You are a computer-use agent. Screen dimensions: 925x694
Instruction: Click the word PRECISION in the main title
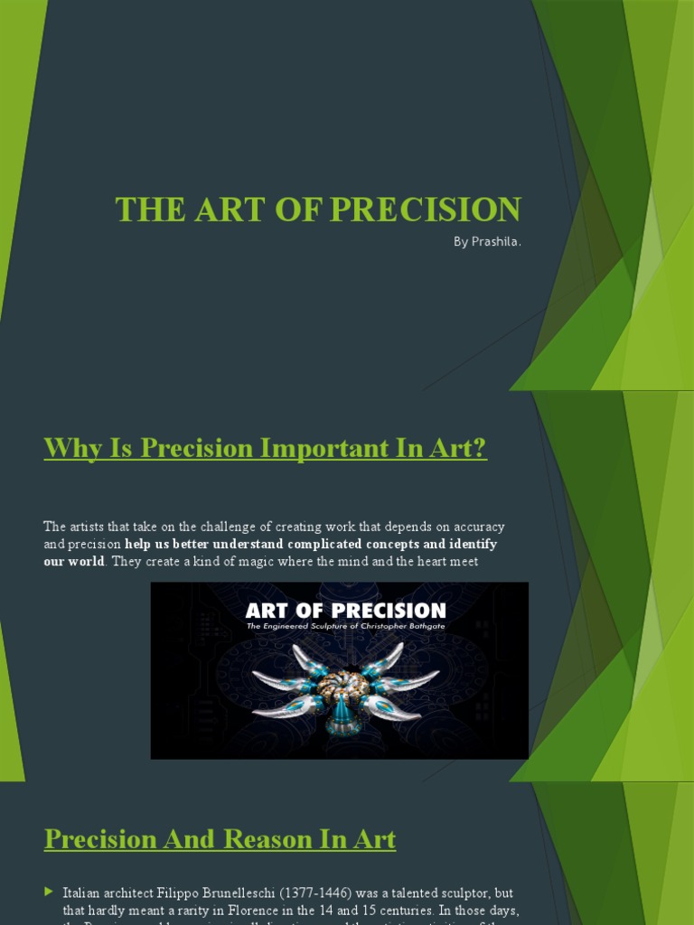[x=426, y=210]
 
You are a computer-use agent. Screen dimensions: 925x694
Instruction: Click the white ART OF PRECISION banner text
[x=345, y=611]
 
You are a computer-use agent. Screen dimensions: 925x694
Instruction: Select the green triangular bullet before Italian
[x=49, y=892]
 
